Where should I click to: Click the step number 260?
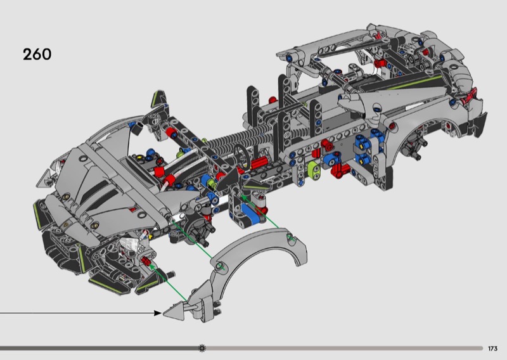(x=37, y=55)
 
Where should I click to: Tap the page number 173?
(x=492, y=349)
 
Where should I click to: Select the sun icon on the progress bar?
(x=202, y=349)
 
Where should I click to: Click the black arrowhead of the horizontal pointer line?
(x=157, y=312)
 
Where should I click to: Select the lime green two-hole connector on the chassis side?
(x=314, y=170)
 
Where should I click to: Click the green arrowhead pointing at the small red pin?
(x=151, y=267)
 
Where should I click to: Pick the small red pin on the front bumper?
(x=145, y=260)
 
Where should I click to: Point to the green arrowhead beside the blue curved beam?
(x=243, y=196)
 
